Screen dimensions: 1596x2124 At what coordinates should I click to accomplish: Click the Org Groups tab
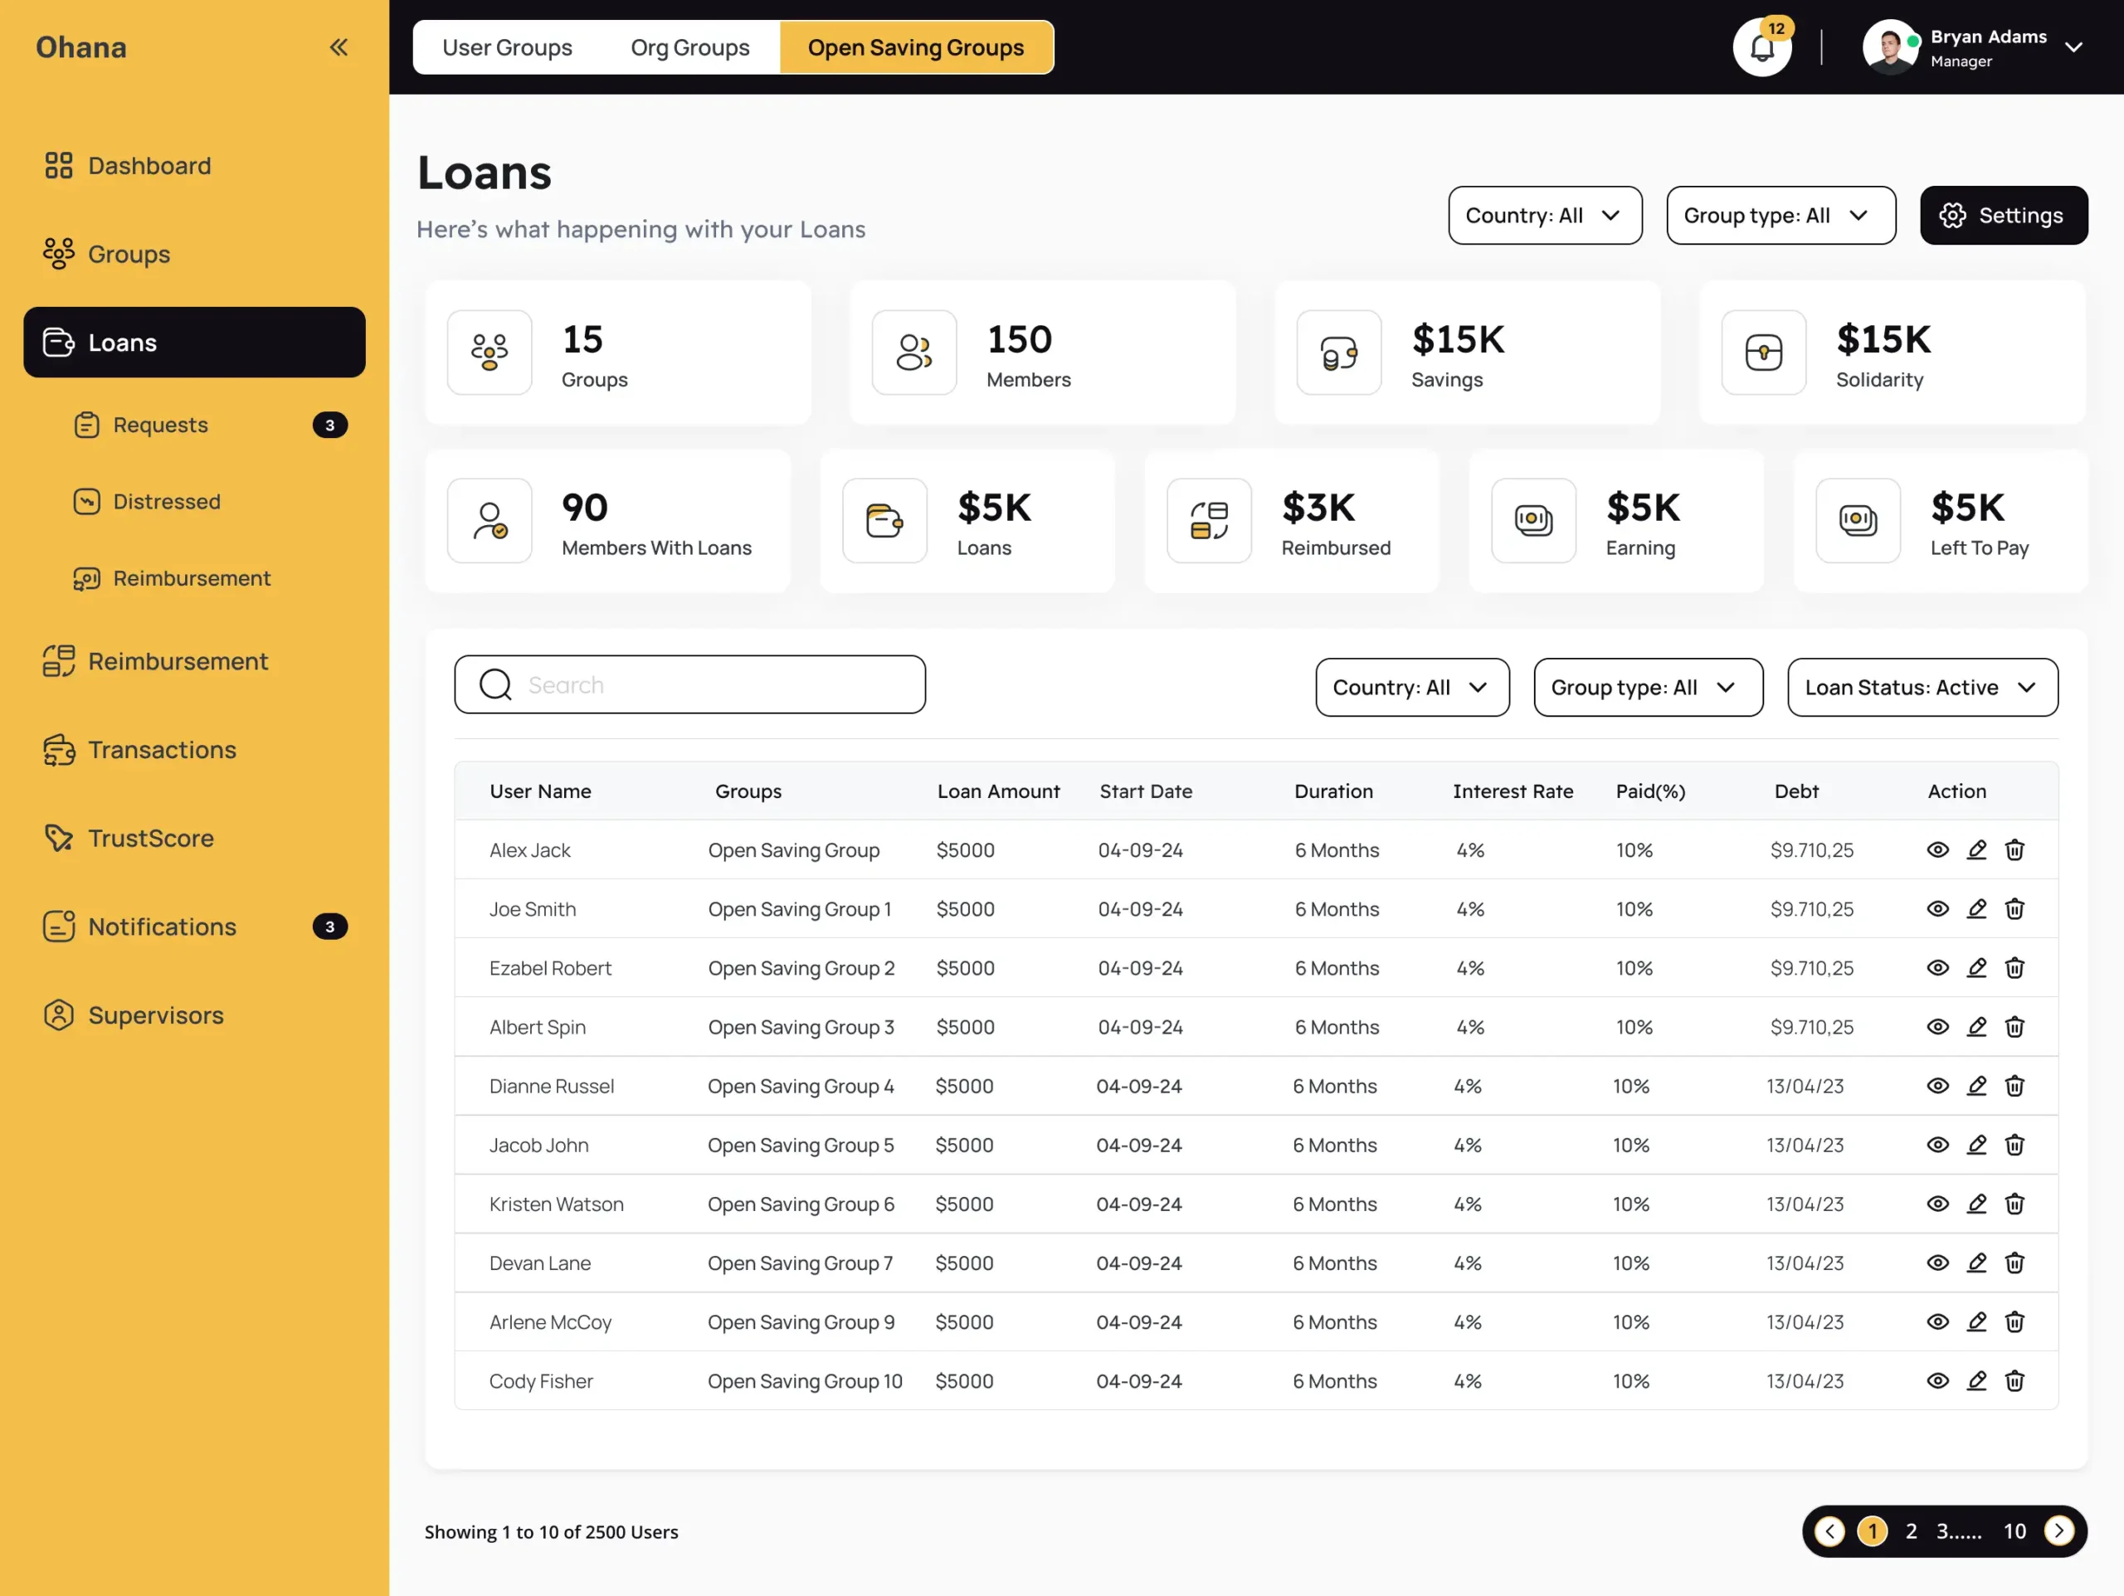click(x=689, y=47)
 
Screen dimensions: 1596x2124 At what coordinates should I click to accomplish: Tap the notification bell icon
click(x=1761, y=48)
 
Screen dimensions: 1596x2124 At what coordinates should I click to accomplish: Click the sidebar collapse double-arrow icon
click(x=338, y=47)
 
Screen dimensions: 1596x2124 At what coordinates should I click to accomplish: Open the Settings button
click(x=2003, y=215)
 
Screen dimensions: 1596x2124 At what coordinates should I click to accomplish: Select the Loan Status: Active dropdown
click(x=1922, y=688)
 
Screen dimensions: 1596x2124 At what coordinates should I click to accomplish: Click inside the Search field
click(x=710, y=684)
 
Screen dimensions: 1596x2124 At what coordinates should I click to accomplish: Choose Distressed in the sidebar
click(x=166, y=501)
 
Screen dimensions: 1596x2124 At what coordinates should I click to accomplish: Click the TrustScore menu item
click(x=150, y=839)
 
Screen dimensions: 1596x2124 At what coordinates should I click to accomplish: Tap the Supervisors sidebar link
click(x=154, y=1015)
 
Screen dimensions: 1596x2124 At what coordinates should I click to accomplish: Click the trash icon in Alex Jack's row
click(x=2014, y=850)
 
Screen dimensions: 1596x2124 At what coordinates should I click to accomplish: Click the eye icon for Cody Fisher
click(x=1937, y=1381)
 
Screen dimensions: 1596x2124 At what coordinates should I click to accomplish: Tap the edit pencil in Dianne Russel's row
click(x=1976, y=1086)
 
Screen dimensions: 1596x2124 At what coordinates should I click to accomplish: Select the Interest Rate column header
click(x=1513, y=791)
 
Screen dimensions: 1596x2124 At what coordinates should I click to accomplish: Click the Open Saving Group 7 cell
click(x=800, y=1263)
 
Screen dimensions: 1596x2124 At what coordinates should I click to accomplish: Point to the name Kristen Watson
click(x=556, y=1204)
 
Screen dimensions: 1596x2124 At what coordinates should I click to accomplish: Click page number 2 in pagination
click(x=1911, y=1531)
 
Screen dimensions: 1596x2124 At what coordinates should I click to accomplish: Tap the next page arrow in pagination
click(x=2058, y=1531)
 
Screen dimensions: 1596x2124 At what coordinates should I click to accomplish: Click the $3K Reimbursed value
click(x=1318, y=507)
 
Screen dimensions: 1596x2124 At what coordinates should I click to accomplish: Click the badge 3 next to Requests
click(x=329, y=425)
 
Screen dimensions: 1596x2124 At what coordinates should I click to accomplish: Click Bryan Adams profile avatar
click(x=1888, y=47)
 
